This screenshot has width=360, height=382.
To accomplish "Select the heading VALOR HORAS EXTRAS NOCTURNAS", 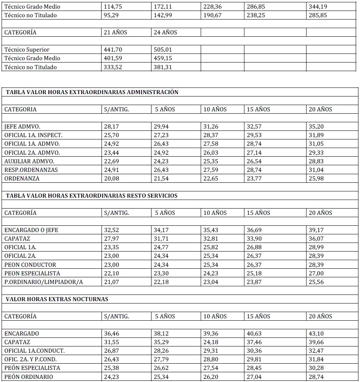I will pyautogui.click(x=57, y=299).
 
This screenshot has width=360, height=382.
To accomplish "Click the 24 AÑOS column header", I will pyautogui.click(x=165, y=32).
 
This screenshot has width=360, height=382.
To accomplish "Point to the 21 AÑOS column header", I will pyautogui.click(x=115, y=32).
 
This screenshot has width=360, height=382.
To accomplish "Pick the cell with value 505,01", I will pyautogui.click(x=163, y=50).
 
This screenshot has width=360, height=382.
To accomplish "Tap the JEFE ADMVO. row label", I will pyautogui.click(x=23, y=127).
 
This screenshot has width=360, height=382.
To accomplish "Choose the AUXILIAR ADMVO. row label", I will pyautogui.click(x=29, y=161).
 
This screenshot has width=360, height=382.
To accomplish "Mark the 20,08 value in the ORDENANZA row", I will pyautogui.click(x=112, y=179).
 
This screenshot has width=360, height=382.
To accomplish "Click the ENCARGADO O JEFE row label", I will pyautogui.click(x=31, y=230).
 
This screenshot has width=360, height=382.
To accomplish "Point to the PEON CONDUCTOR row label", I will pyautogui.click(x=30, y=264).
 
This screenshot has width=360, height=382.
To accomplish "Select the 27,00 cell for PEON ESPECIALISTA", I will pyautogui.click(x=317, y=273).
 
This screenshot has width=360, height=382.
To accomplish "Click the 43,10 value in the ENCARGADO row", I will pyautogui.click(x=317, y=334).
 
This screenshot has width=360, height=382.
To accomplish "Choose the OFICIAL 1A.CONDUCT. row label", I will pyautogui.click(x=35, y=351).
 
